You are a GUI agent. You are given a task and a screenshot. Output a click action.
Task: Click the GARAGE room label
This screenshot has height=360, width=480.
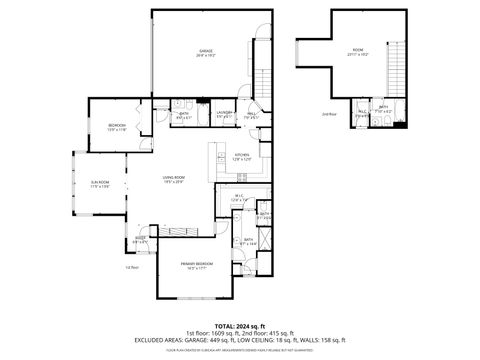tap(205, 52)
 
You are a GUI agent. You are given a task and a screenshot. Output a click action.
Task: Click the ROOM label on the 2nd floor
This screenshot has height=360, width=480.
tap(357, 51)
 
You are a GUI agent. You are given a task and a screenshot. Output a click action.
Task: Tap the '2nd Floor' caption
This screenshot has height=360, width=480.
tap(328, 115)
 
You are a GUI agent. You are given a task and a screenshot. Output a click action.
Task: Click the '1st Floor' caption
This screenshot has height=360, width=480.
tap(130, 267)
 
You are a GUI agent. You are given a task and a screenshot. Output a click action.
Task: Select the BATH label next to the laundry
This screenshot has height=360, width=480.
tap(184, 115)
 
